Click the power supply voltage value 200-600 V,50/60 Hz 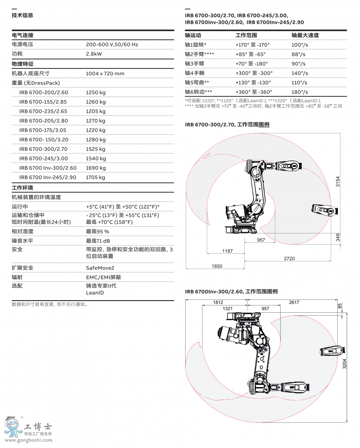pos(112,44)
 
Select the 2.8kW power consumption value pos(94,54)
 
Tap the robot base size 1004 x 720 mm pos(105,73)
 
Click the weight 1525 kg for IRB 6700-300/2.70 pos(96,149)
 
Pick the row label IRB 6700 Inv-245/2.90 pos(48,177)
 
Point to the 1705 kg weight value pos(96,177)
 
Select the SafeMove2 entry pos(100,268)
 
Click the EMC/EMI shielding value pos(104,277)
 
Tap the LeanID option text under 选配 pos(95,293)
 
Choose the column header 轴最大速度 pos(305,35)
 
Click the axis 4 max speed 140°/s pos(300,73)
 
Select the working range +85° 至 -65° pos(251,54)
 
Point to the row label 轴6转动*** pos(198,92)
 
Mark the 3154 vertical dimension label pos(338,182)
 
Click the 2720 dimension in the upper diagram pos(289,259)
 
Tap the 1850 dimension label pos(217,266)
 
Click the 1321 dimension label pos(227,309)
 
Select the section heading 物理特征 pos(22,64)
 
